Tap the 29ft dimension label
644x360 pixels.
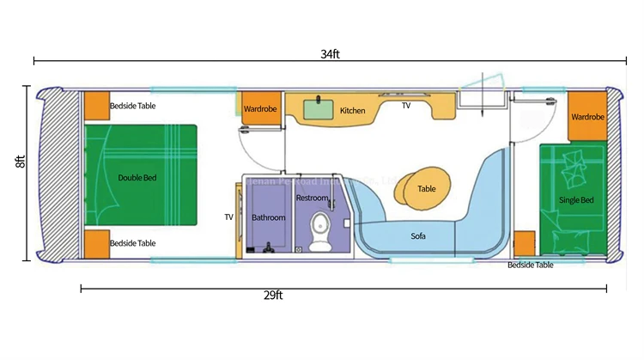[274, 296]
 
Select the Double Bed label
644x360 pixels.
[137, 178]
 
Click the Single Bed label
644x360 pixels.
[575, 200]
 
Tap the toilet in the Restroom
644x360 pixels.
[320, 229]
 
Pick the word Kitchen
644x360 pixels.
[352, 111]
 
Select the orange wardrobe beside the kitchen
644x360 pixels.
[259, 109]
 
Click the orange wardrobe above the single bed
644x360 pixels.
[587, 118]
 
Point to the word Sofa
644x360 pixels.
[419, 235]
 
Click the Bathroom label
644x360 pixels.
[268, 217]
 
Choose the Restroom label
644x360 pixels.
[312, 198]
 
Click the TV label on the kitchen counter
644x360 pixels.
[406, 105]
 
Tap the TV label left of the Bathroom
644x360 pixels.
[229, 217]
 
